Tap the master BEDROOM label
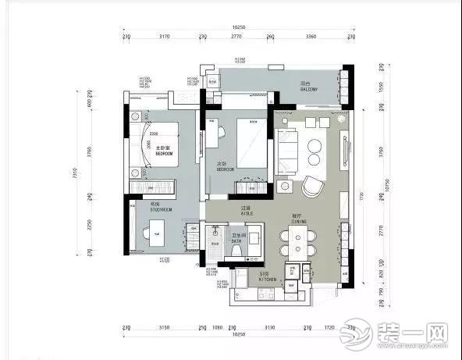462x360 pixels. [x=163, y=152]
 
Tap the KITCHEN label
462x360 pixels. [x=269, y=277]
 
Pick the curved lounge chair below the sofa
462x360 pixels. [x=315, y=187]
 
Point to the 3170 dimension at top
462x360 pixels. [x=164, y=37]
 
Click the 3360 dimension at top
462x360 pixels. [x=311, y=37]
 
